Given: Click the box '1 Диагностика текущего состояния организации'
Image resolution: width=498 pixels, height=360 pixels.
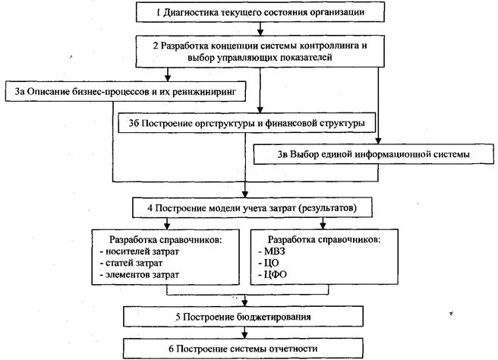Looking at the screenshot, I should click(x=260, y=13).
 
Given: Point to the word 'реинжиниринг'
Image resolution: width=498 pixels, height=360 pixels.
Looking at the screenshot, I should click(x=204, y=92).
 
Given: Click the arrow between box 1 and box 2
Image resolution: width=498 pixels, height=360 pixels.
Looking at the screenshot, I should click(x=260, y=29).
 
